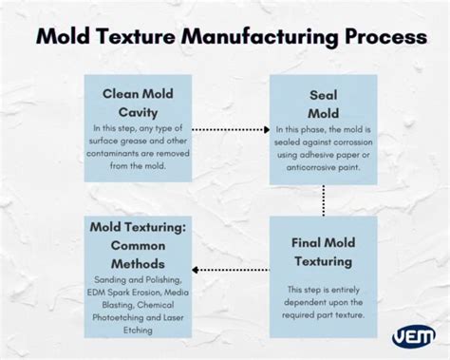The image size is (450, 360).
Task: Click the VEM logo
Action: pyautogui.click(x=414, y=336)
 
